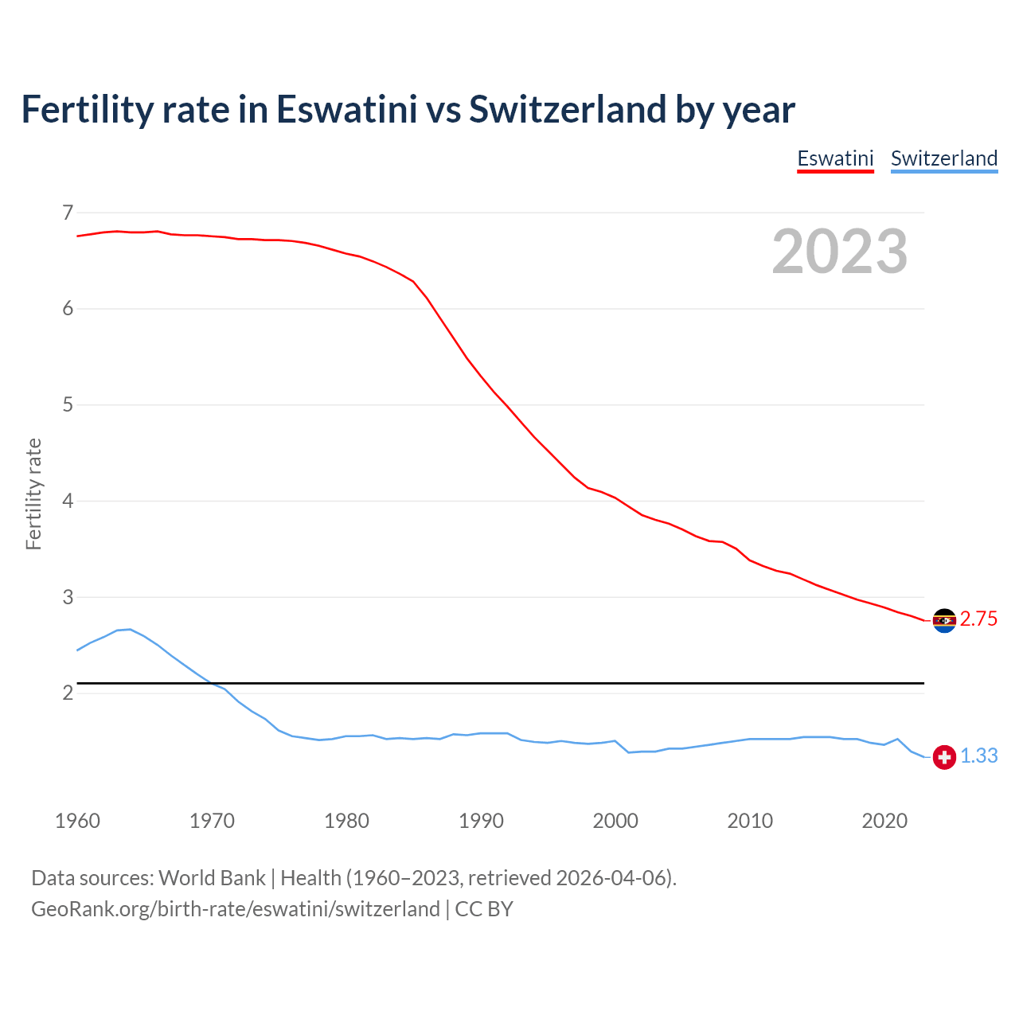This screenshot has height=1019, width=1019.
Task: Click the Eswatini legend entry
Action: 835,158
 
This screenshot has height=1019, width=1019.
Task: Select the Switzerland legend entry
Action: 943,158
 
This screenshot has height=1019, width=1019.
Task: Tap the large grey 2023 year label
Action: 839,252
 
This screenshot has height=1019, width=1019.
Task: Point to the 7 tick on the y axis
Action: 67,213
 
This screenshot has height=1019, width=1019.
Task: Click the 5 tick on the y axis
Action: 67,405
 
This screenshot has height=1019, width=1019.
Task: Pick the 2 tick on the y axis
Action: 67,693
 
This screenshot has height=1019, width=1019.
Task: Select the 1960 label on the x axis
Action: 77,821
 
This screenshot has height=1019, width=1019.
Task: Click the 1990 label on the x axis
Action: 481,821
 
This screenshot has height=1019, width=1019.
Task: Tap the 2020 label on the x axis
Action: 884,821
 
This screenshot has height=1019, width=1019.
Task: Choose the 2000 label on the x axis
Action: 615,821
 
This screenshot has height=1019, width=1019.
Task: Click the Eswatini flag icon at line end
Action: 944,620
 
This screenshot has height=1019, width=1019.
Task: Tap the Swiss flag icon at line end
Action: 944,757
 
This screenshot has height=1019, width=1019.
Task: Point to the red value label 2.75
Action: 978,619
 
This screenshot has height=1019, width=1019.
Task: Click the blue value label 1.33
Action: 978,756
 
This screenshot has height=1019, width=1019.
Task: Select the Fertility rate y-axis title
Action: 33,494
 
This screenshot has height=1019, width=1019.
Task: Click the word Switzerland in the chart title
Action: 567,109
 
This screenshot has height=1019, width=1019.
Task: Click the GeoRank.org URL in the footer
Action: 235,909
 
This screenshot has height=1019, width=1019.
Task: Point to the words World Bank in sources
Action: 212,878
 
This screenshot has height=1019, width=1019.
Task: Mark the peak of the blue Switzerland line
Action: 130,629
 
